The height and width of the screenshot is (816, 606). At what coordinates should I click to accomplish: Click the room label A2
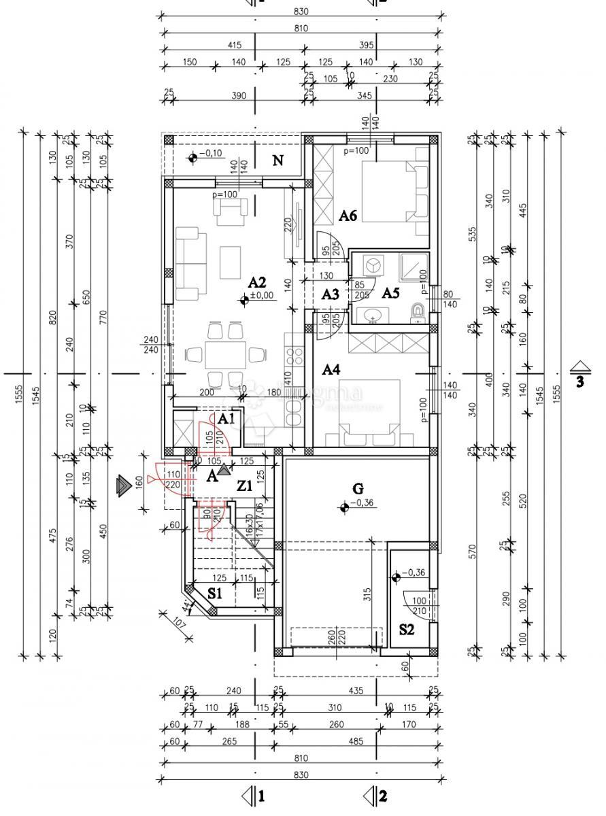(256, 282)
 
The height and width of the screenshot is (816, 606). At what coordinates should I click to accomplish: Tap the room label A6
(348, 216)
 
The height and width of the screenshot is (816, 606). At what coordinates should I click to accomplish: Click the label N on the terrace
(277, 160)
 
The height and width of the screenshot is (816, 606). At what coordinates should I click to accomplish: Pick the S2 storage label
(406, 629)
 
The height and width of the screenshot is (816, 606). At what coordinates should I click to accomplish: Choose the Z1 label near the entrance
(244, 486)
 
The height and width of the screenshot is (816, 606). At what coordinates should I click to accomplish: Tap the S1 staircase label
(215, 593)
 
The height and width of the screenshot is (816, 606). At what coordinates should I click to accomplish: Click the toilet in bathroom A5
(418, 311)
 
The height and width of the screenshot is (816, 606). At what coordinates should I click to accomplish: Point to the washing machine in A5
(372, 265)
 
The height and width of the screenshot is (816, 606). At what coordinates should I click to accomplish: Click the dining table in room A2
(226, 354)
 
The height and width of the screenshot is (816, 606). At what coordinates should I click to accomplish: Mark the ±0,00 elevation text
(261, 296)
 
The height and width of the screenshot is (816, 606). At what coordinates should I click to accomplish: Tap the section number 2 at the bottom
(384, 795)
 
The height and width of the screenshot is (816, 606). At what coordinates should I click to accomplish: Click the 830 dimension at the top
(301, 12)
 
